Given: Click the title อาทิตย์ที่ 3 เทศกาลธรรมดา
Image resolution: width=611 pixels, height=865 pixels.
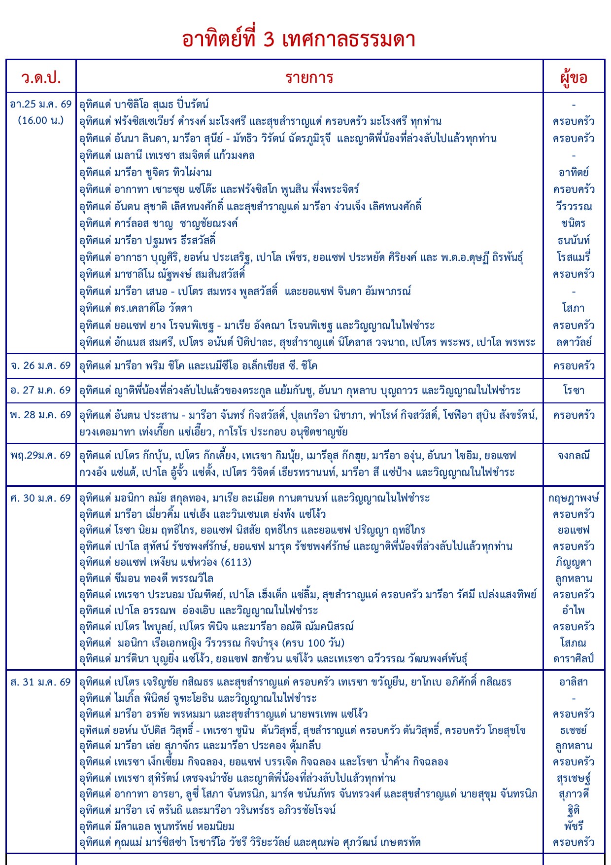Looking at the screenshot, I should [299, 39].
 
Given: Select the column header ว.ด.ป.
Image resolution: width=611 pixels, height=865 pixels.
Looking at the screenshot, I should [41, 77].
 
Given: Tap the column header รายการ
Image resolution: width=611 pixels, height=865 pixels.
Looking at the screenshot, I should [309, 77].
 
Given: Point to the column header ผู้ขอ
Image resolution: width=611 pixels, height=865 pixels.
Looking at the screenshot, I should [574, 77].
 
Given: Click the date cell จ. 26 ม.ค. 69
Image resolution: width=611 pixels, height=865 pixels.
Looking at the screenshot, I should [41, 366].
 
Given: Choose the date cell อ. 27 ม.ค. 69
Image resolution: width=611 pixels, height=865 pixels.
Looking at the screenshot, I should [41, 391].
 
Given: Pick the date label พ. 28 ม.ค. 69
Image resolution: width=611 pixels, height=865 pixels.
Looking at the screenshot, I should [41, 415].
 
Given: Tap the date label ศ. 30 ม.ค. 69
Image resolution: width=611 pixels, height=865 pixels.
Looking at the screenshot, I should [41, 498].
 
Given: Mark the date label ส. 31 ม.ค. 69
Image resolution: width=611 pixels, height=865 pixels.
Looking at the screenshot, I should [41, 682].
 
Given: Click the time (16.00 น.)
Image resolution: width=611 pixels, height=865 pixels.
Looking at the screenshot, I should [41, 120].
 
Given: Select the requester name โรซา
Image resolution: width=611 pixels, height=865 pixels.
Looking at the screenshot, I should [574, 391].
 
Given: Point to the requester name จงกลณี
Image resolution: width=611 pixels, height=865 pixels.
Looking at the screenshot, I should [574, 456].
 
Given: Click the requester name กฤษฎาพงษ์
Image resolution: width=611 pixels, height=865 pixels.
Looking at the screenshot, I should [574, 498].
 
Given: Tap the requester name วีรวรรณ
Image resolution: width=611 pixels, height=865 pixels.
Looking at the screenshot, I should [574, 206].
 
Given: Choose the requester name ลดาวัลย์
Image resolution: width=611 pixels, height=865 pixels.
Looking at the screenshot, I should [574, 342].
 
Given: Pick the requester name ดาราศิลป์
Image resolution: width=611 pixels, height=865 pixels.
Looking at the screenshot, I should [574, 659].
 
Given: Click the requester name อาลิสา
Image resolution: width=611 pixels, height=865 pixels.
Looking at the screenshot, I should [574, 682].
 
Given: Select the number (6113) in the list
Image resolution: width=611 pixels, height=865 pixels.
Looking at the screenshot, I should [236, 562].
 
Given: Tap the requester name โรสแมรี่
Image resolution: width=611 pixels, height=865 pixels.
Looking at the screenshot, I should [574, 257].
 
